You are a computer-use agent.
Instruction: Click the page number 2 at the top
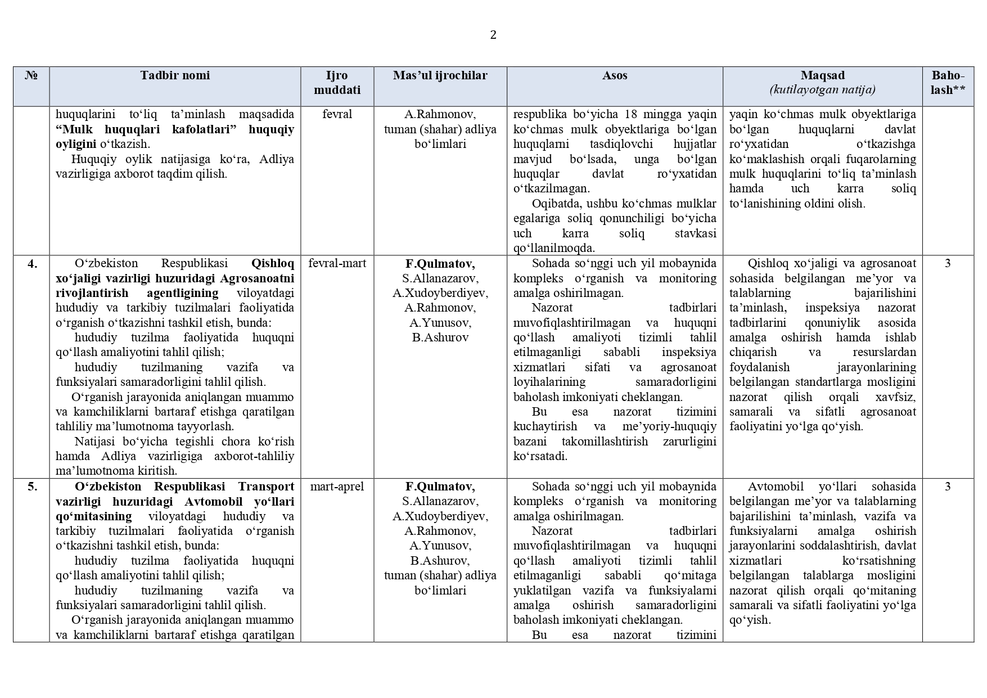point(493,35)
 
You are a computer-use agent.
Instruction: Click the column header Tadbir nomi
point(175,75)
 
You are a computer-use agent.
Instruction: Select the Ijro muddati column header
point(337,83)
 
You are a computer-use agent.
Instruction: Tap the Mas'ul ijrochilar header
point(440,75)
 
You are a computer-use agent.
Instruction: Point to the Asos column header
point(614,75)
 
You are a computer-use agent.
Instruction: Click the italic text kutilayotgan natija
point(822,90)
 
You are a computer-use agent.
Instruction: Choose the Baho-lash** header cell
point(948,83)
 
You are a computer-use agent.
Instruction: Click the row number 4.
point(33,263)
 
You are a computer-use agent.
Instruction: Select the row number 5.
point(33,487)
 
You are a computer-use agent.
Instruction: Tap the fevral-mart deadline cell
point(337,263)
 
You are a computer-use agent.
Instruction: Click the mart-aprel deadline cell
point(337,487)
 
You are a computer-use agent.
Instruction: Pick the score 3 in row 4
point(948,263)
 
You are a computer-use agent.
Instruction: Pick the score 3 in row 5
point(948,487)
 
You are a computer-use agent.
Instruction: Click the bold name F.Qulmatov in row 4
point(440,263)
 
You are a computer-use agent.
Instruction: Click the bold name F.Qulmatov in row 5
point(440,487)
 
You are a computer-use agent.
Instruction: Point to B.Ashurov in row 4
point(440,337)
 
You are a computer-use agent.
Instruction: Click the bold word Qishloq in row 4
point(272,263)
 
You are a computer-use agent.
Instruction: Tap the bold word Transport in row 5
point(265,487)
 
